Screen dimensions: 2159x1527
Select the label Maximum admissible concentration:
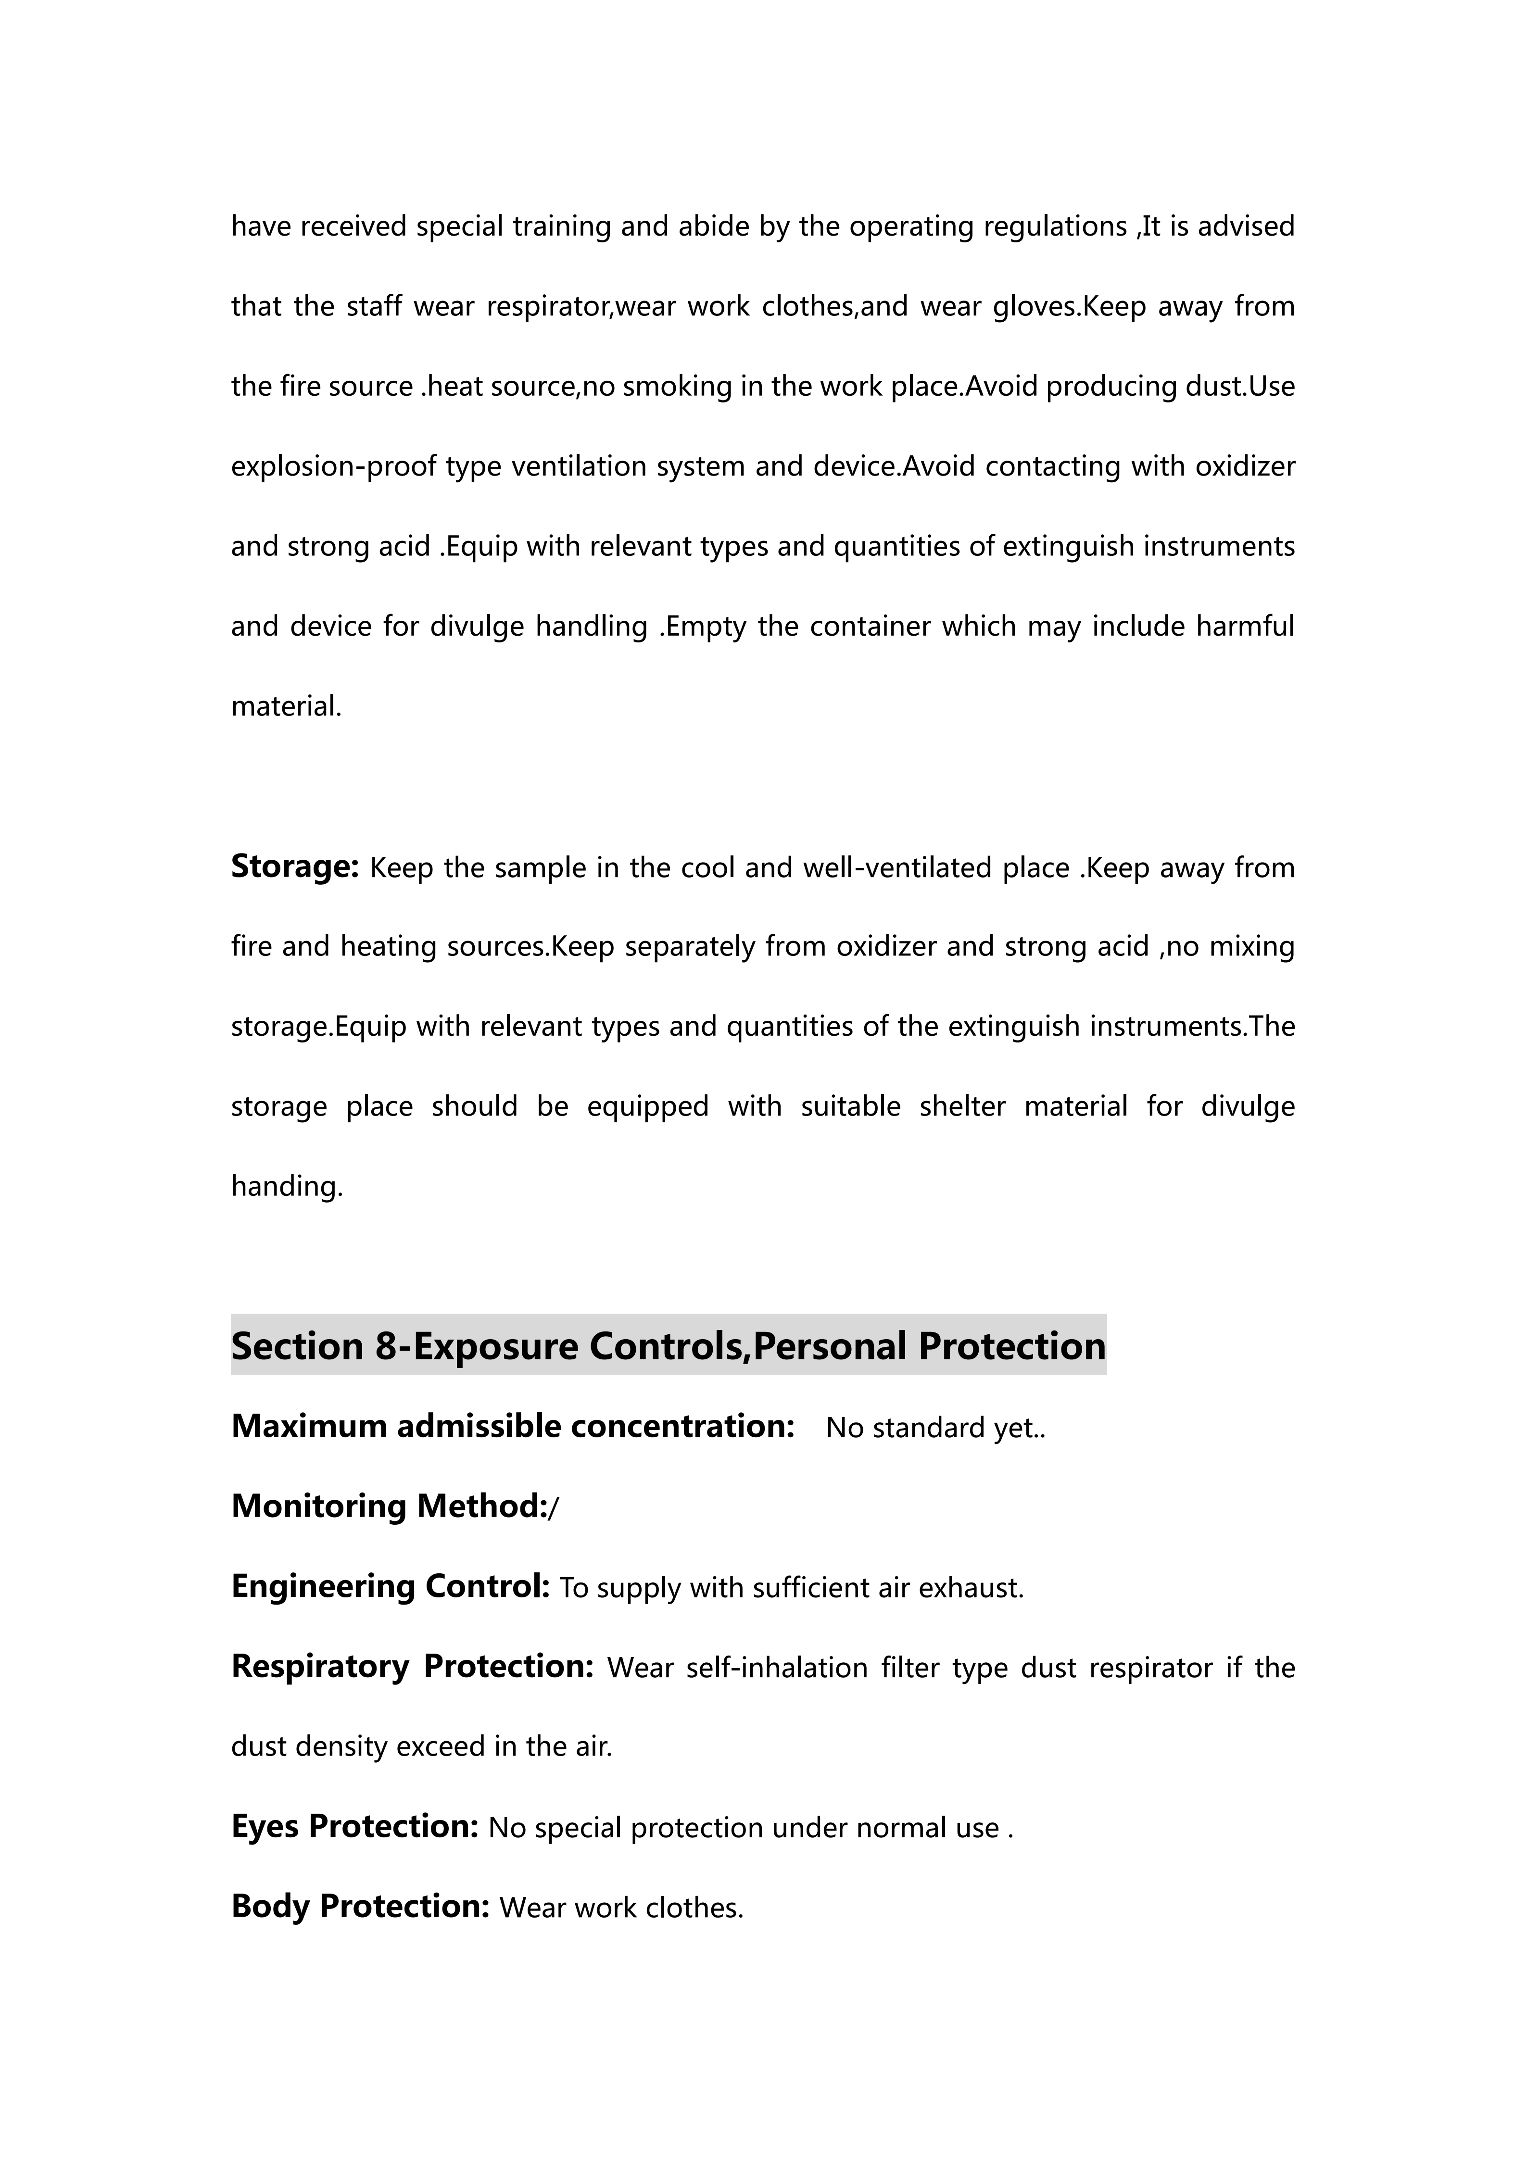pyautogui.click(x=513, y=1427)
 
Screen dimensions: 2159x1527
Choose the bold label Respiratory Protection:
pyautogui.click(x=412, y=1666)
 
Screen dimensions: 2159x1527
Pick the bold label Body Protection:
pyautogui.click(x=360, y=1906)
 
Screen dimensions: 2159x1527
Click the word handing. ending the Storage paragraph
pyautogui.click(x=287, y=1187)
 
